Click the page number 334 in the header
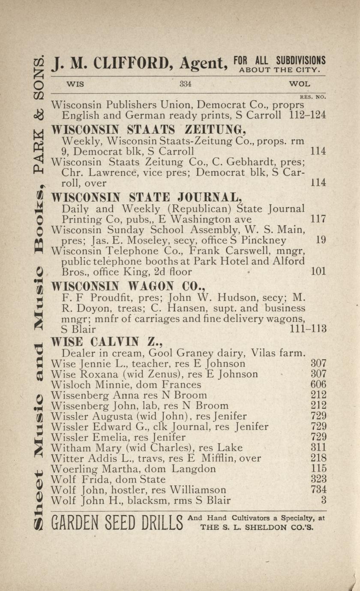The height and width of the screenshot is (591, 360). coord(185,84)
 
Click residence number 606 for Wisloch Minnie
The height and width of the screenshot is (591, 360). coord(318,385)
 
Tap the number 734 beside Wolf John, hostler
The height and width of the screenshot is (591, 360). coord(318,490)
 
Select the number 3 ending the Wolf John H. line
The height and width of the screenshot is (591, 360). coord(324,500)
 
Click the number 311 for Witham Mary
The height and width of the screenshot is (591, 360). coord(318,448)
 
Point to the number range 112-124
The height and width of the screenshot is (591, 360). coord(307,115)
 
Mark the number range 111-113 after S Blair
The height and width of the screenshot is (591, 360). coord(308,329)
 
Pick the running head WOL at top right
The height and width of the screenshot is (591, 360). coord(300,84)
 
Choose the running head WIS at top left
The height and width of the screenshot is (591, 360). coord(75,84)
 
